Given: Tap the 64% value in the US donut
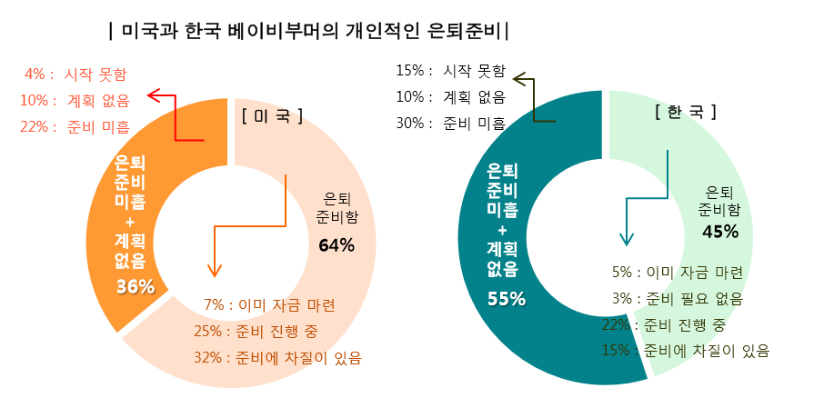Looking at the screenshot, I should click(336, 244).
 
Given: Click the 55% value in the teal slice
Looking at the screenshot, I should click(507, 299).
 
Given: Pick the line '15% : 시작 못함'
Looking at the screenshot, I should click(450, 71).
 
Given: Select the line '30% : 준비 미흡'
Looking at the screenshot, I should click(450, 123).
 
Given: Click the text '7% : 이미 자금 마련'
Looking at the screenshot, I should click(269, 304).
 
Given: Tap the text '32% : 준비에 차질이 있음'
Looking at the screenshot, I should click(277, 357).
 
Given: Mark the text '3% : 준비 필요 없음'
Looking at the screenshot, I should click(677, 298).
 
